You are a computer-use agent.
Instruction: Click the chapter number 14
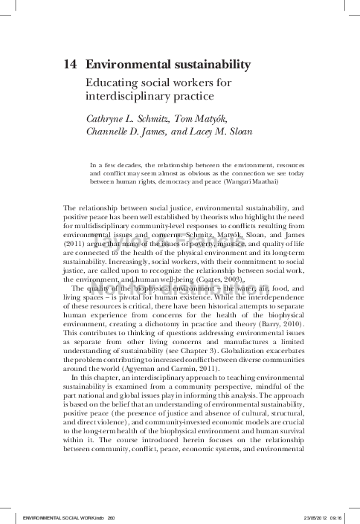[x=71, y=65]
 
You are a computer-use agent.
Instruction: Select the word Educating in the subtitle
[x=111, y=83]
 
